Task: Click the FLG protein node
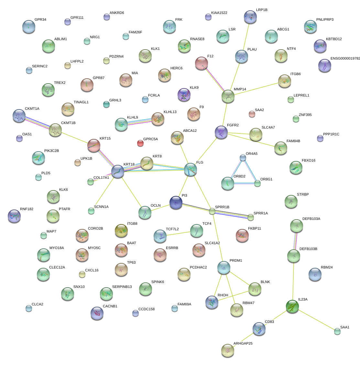point(190,169)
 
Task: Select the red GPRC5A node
point(140,143)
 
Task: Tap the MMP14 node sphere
point(228,96)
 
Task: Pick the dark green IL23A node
point(292,306)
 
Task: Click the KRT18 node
point(118,171)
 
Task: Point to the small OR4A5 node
point(243,158)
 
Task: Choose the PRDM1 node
point(224,267)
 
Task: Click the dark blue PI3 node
point(176,202)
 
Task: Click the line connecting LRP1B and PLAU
point(246,36)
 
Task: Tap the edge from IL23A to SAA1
point(317,320)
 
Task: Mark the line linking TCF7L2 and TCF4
point(178,234)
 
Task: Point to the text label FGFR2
point(233,125)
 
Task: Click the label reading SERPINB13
point(122,287)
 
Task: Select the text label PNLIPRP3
point(325,19)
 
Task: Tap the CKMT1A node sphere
point(19,116)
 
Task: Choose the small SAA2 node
point(252,114)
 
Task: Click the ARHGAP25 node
point(228,350)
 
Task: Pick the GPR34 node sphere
point(29,27)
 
